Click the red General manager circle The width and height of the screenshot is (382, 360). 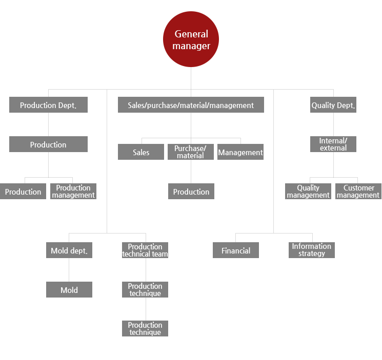tap(191, 39)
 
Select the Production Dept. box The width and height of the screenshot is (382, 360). tap(49, 105)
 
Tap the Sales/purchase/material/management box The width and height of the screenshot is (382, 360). tap(191, 105)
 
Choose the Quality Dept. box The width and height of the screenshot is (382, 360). tap(333, 105)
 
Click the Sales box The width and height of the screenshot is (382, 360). tap(141, 152)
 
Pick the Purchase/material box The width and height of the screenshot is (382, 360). tap(191, 152)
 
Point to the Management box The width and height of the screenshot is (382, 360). tap(240, 152)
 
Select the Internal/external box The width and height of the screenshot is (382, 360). tap(333, 144)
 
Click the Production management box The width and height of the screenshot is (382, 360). tap(73, 191)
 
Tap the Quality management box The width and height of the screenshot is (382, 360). tap(308, 191)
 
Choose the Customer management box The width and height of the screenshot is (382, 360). tap(358, 191)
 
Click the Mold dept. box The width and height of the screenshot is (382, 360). tap(69, 250)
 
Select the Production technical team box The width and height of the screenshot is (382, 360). tap(145, 250)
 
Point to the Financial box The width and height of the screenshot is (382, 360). tap(236, 250)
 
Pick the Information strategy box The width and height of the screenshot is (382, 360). tap(312, 250)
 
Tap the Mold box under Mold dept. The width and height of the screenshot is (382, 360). tap(69, 289)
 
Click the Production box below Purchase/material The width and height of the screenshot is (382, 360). tap(191, 191)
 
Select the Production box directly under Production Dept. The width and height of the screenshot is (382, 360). tap(49, 144)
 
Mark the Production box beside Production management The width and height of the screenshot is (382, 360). tap(23, 191)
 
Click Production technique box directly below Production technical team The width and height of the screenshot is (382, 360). tap(145, 289)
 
